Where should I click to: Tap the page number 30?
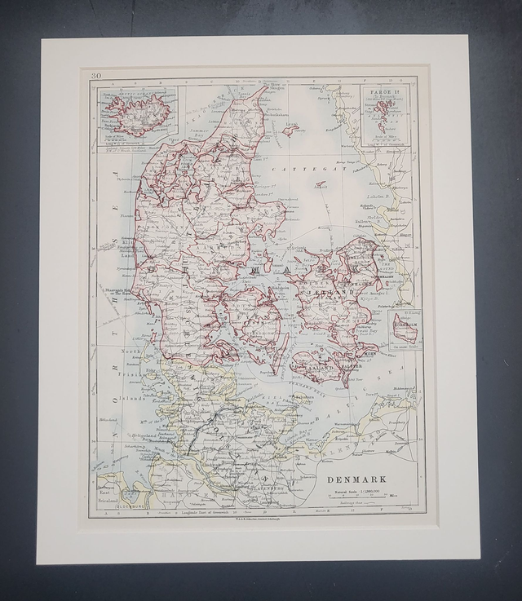click(x=96, y=76)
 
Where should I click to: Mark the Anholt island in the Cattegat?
click(x=321, y=185)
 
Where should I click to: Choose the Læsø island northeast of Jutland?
click(x=290, y=129)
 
